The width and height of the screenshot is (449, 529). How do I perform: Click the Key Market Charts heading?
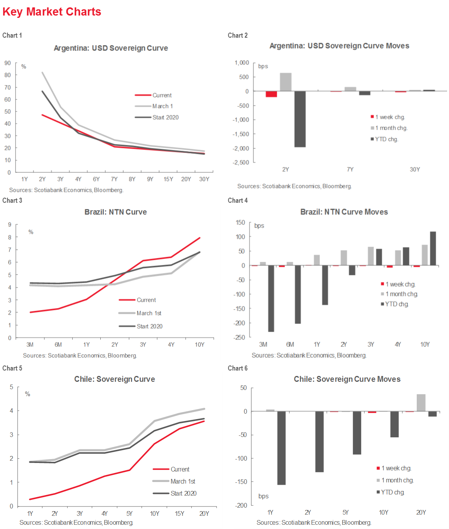pos(52,12)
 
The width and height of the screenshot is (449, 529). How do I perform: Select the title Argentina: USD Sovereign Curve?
pos(111,48)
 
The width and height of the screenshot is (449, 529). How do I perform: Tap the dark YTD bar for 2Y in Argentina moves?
pos(300,119)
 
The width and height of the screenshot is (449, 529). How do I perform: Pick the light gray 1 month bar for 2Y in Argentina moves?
pos(286,82)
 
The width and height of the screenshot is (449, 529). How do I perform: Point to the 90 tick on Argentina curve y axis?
pos(8,63)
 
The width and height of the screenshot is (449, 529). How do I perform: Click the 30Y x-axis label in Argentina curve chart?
pos(204,179)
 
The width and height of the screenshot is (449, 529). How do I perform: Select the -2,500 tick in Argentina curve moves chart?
pos(241,162)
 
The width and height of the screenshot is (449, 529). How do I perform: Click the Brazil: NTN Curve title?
pos(115,212)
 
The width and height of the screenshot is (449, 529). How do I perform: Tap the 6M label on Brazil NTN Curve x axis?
pos(58,345)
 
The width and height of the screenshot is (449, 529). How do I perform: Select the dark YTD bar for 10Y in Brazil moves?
pos(433,249)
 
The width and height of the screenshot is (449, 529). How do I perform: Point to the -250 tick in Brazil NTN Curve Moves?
pos(239,337)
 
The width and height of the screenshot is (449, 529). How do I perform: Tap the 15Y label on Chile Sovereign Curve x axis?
pos(179,513)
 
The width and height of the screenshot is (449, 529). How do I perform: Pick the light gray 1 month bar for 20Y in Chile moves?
pos(421,403)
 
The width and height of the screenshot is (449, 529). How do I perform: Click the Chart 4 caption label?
pos(238,200)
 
